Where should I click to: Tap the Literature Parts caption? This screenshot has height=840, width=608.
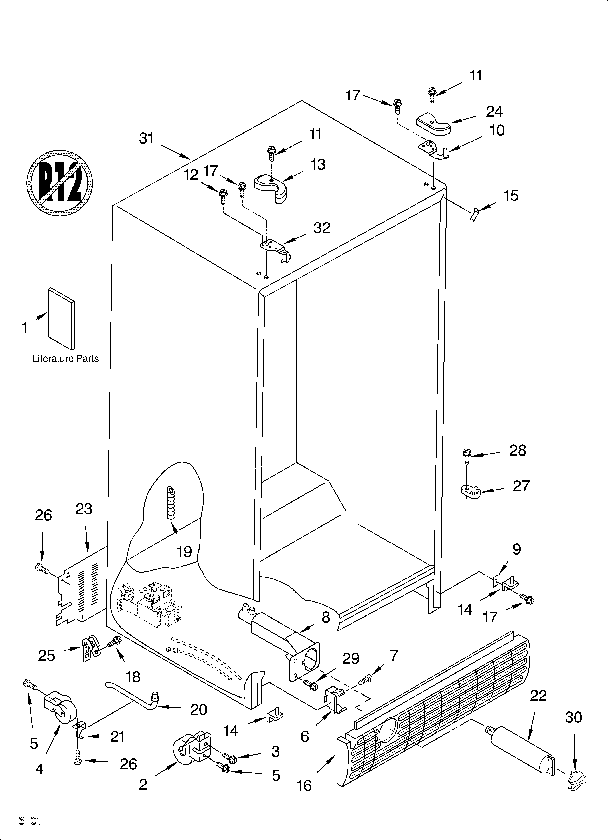click(66, 358)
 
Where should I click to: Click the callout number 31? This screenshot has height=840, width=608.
click(146, 138)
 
